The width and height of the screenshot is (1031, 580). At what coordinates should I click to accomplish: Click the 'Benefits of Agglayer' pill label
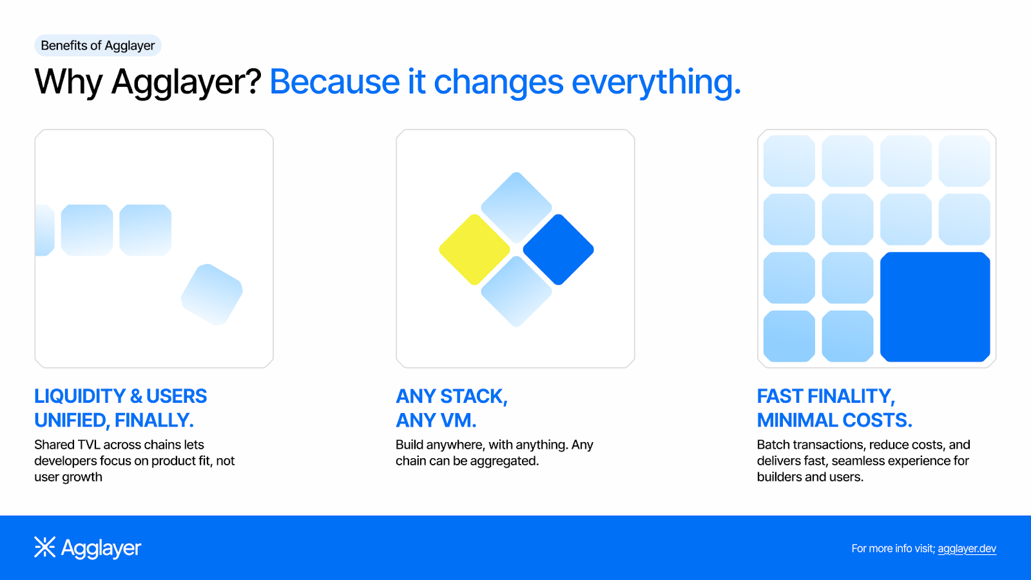(x=97, y=46)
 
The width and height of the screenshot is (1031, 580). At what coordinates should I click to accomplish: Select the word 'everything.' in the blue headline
(x=656, y=83)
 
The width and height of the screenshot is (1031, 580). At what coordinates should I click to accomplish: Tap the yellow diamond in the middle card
(x=474, y=249)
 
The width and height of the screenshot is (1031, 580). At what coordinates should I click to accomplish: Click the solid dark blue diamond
(x=558, y=249)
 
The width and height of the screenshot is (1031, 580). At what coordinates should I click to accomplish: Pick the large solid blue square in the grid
(x=935, y=307)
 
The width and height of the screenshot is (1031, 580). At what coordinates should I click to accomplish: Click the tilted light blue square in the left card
(x=212, y=295)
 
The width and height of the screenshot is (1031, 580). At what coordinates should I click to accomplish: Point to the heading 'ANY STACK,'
(x=452, y=396)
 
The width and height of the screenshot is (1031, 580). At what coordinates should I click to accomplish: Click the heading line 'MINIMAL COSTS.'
(x=834, y=420)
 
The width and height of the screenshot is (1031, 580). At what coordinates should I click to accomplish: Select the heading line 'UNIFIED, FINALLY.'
(x=114, y=420)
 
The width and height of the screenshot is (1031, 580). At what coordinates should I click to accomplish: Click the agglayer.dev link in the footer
(x=967, y=548)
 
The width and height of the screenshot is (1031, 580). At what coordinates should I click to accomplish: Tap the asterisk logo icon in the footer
(x=44, y=547)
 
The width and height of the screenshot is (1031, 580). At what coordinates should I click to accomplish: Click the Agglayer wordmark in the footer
(x=101, y=548)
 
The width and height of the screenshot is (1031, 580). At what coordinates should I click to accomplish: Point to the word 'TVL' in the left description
(x=89, y=445)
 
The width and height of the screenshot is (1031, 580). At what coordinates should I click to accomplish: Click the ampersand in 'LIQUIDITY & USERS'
(x=136, y=396)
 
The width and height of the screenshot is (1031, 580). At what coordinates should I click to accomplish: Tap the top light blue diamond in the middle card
(x=516, y=208)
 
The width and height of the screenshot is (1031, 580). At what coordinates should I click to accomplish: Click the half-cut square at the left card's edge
(x=44, y=230)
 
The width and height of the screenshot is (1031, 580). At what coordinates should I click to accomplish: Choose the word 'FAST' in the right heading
(x=780, y=396)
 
